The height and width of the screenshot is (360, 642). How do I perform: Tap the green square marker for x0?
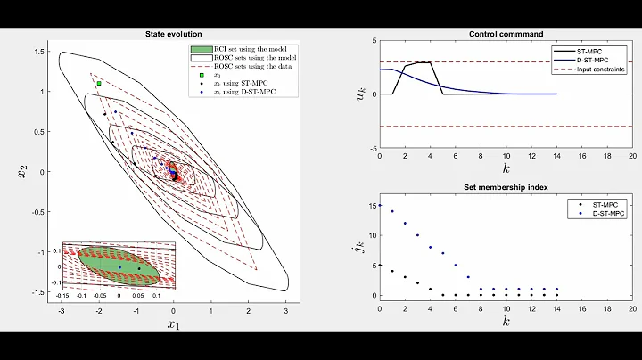pos(99,83)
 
